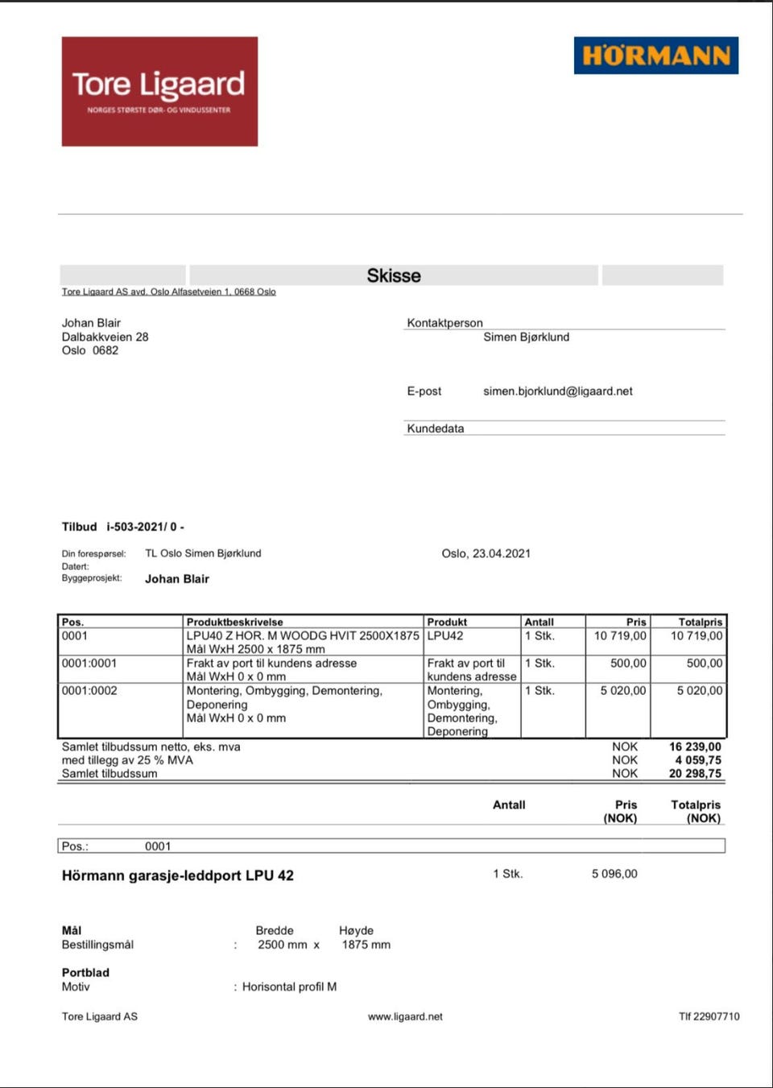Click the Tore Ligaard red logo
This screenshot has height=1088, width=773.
159,91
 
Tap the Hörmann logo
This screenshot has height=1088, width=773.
655,56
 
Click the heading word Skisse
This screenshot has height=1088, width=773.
394,275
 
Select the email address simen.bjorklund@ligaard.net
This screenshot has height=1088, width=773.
557,391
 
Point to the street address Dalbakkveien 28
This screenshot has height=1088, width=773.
105,337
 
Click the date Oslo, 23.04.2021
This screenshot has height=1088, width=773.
486,553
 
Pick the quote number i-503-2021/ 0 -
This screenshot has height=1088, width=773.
145,527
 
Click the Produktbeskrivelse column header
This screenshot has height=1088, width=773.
234,622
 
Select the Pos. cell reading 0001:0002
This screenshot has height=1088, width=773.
89,690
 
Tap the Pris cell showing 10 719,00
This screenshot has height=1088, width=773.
620,635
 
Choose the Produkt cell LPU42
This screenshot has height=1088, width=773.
445,635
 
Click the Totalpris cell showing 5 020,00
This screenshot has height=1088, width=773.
699,690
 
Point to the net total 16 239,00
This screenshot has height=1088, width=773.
695,747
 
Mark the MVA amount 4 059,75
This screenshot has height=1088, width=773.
698,759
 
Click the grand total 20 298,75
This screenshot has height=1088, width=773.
695,773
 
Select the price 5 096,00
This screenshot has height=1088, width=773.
614,874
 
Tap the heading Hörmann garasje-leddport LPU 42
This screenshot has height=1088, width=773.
178,875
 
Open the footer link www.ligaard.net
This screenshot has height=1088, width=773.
405,1016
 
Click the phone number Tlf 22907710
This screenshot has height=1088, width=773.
709,1016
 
